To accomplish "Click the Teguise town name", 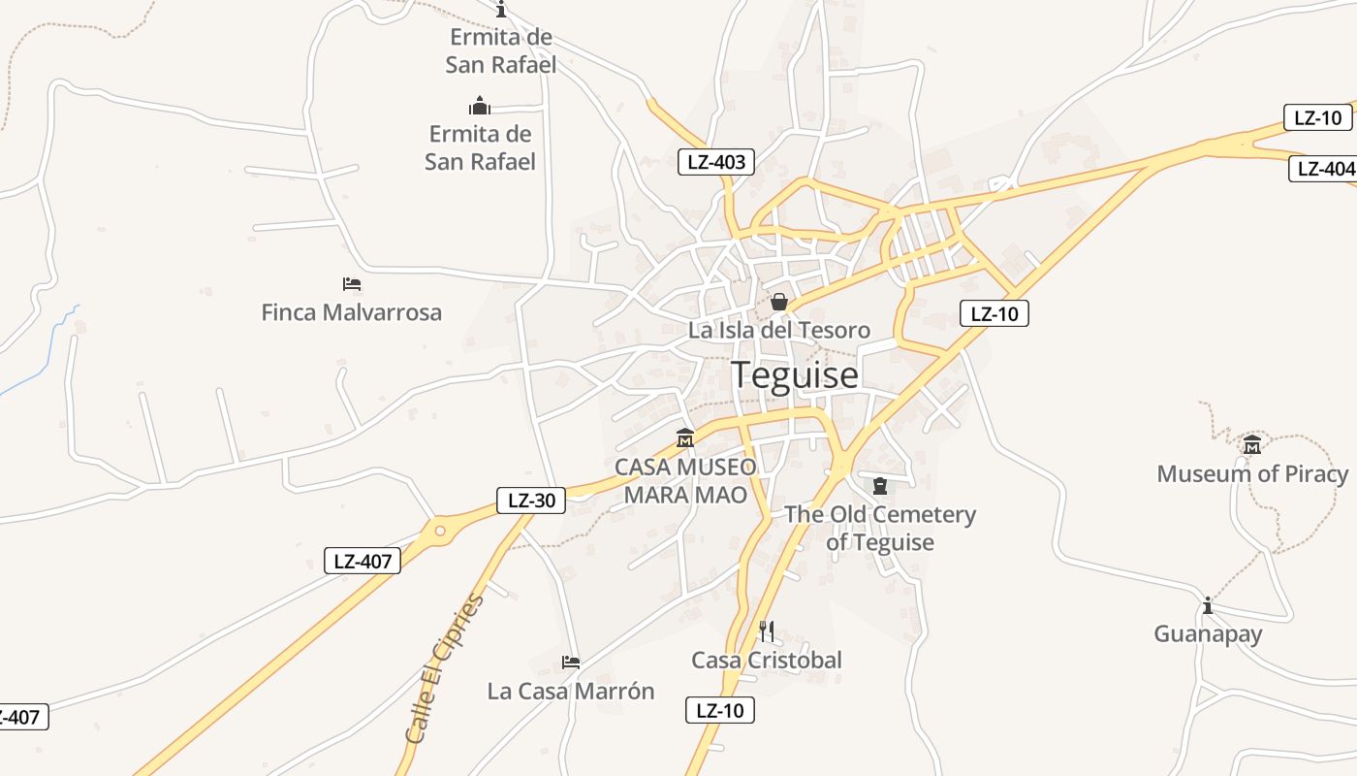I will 794,374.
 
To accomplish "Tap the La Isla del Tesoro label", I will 778,330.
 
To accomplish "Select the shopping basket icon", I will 779,303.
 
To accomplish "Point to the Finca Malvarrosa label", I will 351,312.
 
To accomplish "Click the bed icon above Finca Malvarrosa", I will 352,284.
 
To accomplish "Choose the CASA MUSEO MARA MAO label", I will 685,481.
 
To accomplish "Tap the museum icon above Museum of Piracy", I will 1252,445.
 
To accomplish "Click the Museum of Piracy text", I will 1252,474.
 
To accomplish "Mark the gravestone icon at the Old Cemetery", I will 880,486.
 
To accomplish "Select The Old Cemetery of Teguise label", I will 880,528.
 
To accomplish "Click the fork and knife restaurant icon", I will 766,631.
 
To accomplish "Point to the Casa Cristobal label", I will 766,661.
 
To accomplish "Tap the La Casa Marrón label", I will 571,692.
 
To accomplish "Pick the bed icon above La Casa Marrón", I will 571,663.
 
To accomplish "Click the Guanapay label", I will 1208,634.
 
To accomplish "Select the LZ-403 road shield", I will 716,162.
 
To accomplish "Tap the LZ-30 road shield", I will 531,501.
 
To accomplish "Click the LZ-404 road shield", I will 1324,168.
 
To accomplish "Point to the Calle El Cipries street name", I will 444,669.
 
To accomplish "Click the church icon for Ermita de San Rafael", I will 479,106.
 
